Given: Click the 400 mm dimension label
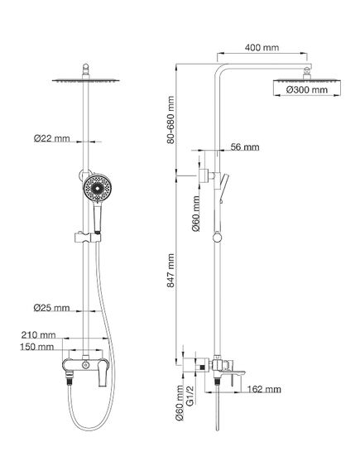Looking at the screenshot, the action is pyautogui.click(x=262, y=47).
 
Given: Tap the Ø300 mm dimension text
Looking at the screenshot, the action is pyautogui.click(x=306, y=89).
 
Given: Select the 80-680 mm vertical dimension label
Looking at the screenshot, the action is pyautogui.click(x=170, y=120).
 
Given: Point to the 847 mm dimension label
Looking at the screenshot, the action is pyautogui.click(x=170, y=271).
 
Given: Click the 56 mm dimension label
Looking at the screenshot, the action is pyautogui.click(x=245, y=147).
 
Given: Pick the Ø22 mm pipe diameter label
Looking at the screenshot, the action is pyautogui.click(x=51, y=138).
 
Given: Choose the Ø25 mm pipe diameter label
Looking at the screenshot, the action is pyautogui.click(x=51, y=308).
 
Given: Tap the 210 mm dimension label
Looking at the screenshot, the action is pyautogui.click(x=38, y=334).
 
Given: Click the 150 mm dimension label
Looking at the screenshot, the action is pyautogui.click(x=37, y=347).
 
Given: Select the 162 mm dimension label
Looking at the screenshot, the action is pyautogui.click(x=264, y=389).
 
